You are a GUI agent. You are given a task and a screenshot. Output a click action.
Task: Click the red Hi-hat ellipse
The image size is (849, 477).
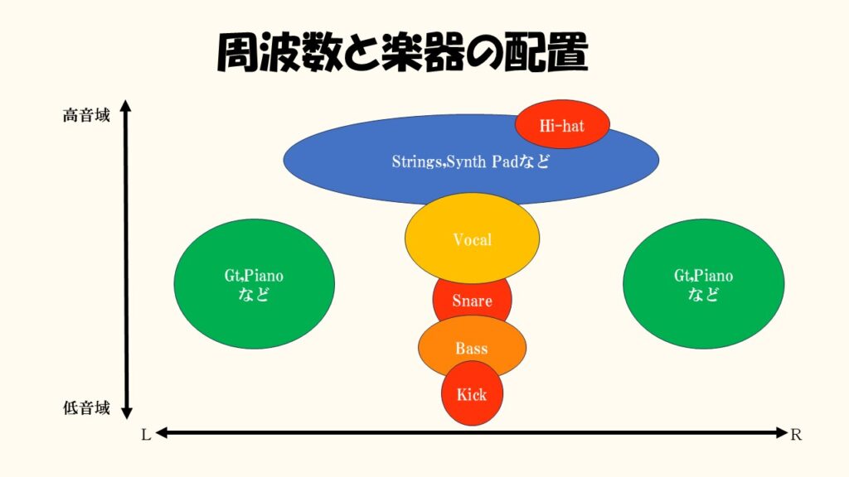(562, 124)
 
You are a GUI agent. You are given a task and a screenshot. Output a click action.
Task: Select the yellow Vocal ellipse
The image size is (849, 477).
(472, 238)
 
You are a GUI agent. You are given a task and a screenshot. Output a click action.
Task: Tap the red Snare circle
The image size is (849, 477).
(472, 301)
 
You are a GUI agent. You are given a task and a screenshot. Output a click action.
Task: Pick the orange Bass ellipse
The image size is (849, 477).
(472, 347)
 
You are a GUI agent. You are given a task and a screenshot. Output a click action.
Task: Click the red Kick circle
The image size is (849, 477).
(472, 393)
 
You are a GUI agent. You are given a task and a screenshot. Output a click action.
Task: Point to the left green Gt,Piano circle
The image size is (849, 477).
(254, 284)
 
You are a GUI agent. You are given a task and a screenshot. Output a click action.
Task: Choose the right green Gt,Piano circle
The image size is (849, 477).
(703, 284)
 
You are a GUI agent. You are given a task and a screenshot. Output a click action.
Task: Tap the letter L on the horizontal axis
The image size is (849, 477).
(146, 435)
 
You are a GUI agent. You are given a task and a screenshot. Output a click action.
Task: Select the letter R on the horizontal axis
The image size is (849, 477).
(795, 435)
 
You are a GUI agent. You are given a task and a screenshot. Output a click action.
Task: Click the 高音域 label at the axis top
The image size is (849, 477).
(86, 115)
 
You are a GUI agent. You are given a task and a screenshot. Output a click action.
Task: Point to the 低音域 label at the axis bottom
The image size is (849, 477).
(86, 407)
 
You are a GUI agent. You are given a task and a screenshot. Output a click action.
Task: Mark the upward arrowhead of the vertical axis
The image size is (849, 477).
(126, 106)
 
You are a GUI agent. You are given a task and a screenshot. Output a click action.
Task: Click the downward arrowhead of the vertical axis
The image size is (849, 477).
(126, 412)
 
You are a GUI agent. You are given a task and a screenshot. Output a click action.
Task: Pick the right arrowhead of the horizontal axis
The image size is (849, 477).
(781, 432)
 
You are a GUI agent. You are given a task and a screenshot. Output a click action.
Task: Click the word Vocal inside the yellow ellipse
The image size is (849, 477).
(472, 239)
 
